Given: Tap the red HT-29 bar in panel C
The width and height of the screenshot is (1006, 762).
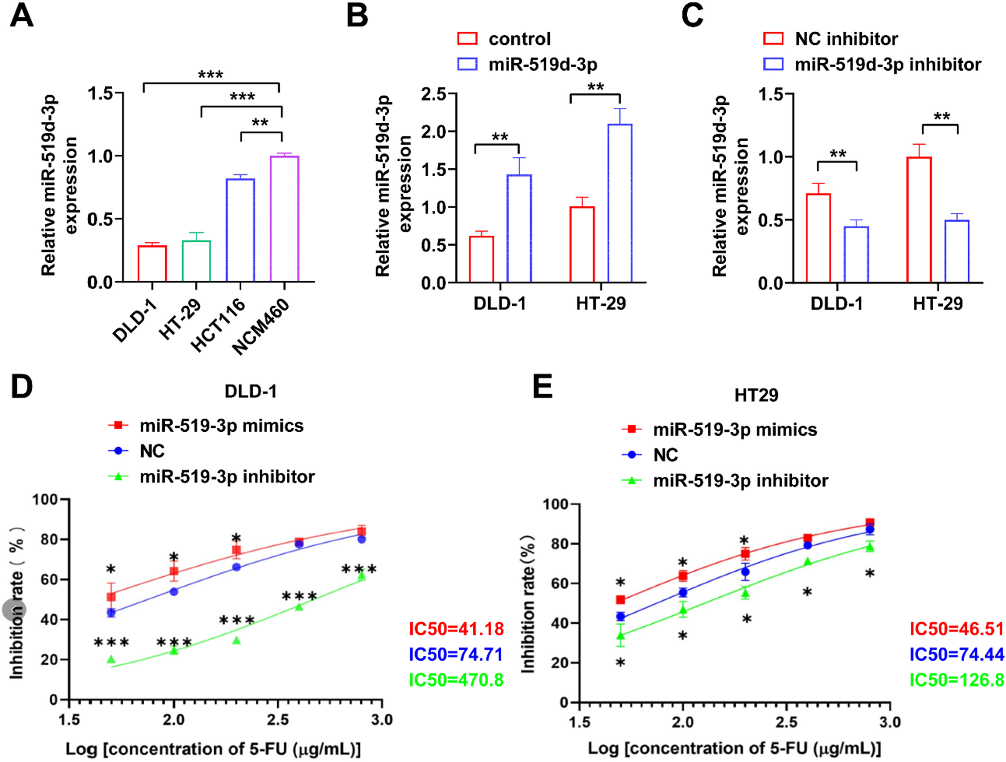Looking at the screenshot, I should click(919, 220).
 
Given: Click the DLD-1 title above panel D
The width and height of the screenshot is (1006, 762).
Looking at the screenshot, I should click(251, 391).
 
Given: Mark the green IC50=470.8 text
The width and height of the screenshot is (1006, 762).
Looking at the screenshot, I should click(456, 680).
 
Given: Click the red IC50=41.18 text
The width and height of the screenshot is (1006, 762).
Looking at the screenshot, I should click(456, 629).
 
